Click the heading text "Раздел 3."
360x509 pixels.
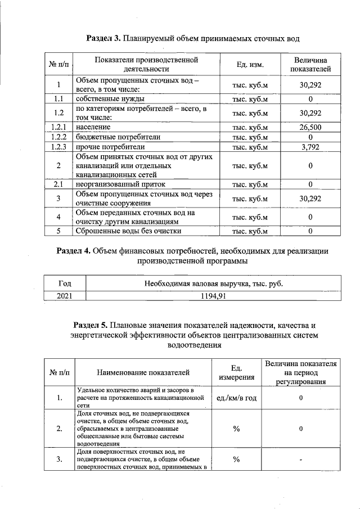coord(105,38)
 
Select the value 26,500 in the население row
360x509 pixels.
coord(310,127)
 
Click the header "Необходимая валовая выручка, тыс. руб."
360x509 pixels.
coord(208,283)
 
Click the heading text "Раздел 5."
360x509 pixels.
coord(92,325)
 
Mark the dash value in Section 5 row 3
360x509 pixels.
coord(301,461)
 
